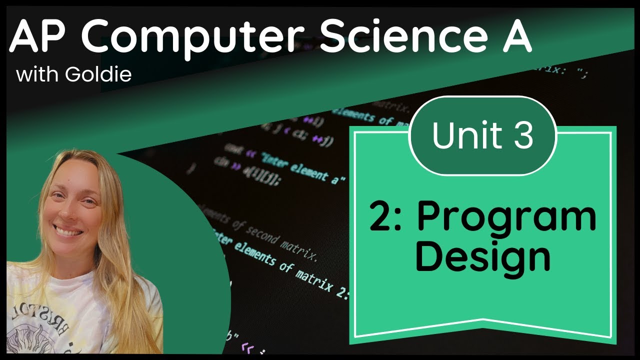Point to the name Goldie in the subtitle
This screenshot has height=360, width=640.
[98, 74]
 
